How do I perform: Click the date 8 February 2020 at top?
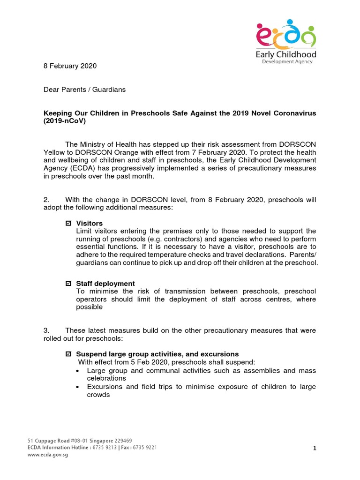[x=70, y=66]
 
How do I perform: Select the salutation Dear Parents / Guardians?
[x=84, y=90]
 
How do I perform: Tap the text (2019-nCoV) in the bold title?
[x=65, y=121]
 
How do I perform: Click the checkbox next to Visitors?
[x=68, y=224]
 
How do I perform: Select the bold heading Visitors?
[x=89, y=223]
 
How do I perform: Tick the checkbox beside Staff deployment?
[x=68, y=284]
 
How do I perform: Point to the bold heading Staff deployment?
[x=105, y=284]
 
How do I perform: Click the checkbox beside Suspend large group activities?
[x=68, y=354]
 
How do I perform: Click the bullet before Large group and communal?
[x=78, y=371]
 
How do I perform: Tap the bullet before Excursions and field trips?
[x=78, y=387]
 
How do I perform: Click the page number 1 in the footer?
[x=315, y=449]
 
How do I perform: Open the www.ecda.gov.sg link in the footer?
[x=47, y=455]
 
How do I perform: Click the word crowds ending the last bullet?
[x=98, y=395]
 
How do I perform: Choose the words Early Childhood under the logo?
[x=286, y=55]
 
